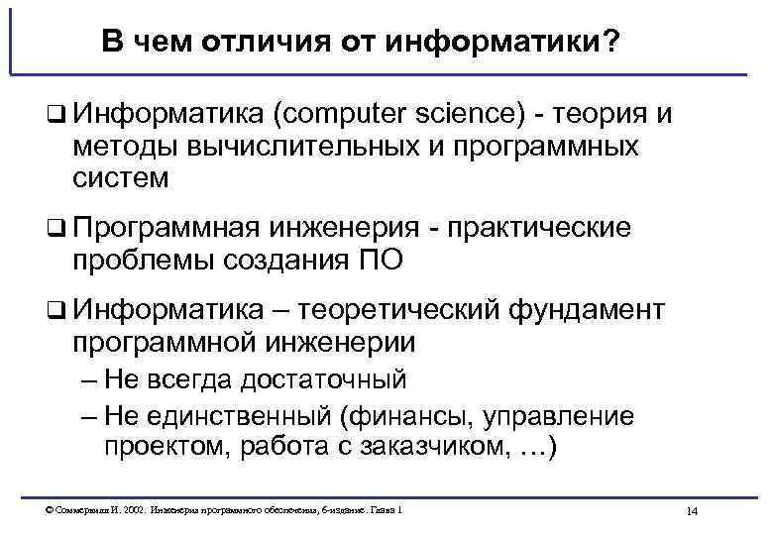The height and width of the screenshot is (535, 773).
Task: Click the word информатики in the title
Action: point(501,43)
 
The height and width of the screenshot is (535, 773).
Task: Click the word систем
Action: point(121,178)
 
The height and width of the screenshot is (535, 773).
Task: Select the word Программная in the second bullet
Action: point(163,228)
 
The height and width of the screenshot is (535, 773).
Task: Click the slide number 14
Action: point(692,510)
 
